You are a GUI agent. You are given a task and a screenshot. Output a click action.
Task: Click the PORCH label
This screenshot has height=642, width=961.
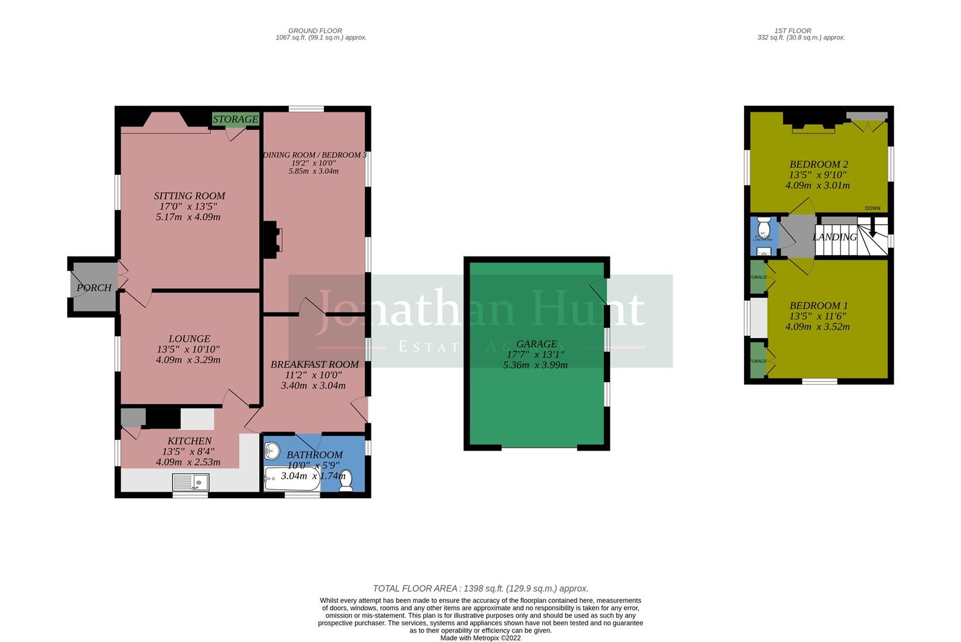(94, 288)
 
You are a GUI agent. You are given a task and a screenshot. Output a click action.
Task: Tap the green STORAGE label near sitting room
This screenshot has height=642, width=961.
(235, 119)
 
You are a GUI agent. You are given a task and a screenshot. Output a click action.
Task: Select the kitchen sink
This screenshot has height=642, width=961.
(190, 481)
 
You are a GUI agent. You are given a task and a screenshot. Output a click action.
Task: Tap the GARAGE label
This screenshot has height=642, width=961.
(537, 344)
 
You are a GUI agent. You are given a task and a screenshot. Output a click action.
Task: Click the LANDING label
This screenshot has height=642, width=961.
(834, 237)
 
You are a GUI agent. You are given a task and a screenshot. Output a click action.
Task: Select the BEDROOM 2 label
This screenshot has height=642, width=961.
(818, 164)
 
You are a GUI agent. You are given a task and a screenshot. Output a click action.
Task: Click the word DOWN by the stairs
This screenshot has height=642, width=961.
(872, 208)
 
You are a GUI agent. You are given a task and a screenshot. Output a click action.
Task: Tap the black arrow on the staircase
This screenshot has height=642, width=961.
(873, 232)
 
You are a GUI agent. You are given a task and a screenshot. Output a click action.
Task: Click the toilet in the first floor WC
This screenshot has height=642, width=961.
(764, 227)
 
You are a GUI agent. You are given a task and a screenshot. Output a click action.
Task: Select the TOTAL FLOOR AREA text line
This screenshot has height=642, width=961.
(480, 588)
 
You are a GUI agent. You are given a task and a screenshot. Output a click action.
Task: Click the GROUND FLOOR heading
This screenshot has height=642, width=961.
(315, 30)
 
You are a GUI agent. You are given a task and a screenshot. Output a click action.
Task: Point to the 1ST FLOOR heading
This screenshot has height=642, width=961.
(793, 30)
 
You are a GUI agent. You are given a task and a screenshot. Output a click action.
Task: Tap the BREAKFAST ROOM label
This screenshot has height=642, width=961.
(314, 364)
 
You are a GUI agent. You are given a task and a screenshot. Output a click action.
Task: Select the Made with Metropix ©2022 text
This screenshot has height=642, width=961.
(480, 638)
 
